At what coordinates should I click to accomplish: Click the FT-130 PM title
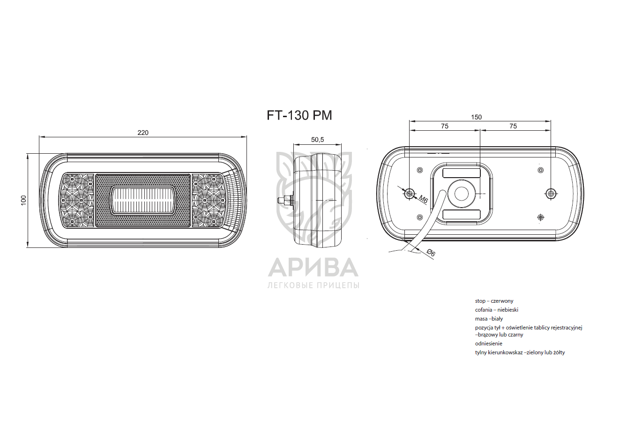pos(299,115)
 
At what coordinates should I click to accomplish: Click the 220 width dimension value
pos(143,133)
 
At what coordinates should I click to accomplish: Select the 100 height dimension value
pos(23,200)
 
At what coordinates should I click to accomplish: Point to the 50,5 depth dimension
pos(317,140)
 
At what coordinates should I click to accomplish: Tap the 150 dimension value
pos(476,117)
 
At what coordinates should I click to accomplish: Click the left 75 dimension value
pos(445,126)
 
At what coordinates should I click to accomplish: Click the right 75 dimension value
pos(513,126)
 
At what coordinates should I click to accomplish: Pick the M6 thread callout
pos(423,200)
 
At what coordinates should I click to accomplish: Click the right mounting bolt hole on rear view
pos(551,193)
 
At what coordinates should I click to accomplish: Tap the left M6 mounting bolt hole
pos(410,193)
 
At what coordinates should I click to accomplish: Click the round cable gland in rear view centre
pos(462,194)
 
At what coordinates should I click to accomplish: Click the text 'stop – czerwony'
pos(494,301)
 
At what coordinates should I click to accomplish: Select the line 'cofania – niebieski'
pos(496,310)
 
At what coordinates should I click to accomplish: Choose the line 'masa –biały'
pos(489,319)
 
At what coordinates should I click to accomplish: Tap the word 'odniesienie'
pos(488,344)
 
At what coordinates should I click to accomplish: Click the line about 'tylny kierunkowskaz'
pos(520,352)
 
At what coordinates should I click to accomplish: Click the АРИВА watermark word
pos(313,268)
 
